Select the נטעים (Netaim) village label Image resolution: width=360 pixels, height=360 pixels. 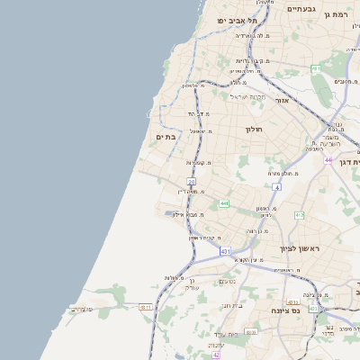pos(228,282)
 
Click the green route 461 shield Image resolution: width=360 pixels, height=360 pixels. pos(316,69)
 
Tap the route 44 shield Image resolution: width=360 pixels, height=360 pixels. pos(328,159)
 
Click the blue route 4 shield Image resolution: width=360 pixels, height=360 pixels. pos(277,187)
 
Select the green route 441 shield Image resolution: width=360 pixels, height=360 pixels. pos(223,203)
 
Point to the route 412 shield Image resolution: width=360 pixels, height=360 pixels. pos(299,214)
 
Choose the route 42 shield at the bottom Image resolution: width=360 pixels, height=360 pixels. pos(216,355)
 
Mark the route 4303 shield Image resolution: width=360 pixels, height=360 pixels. pos(252,332)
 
